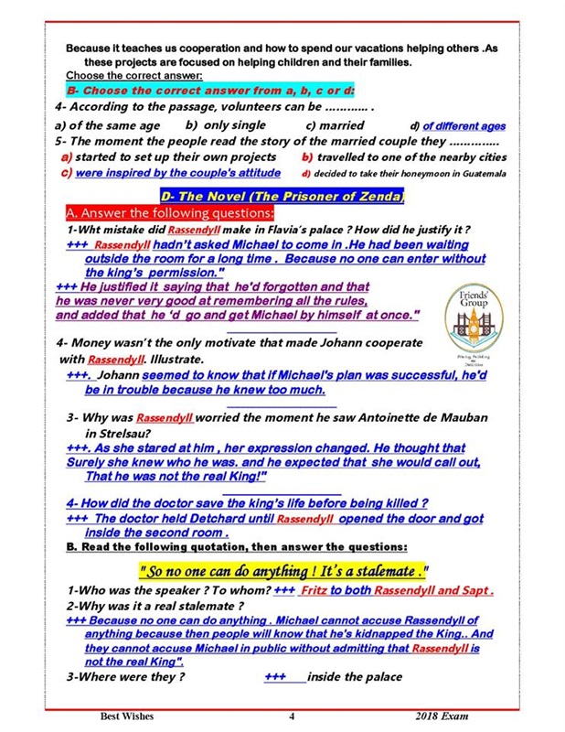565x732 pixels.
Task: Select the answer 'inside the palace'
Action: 354,677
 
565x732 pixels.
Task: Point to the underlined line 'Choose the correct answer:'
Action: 133,75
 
